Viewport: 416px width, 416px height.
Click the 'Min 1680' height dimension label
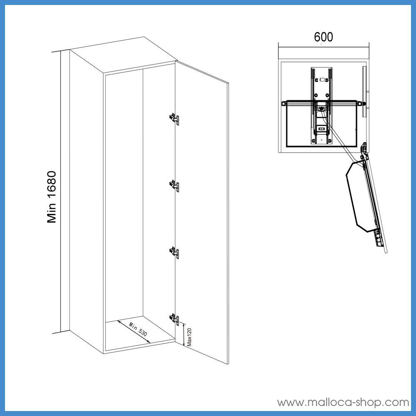pyautogui.click(x=52, y=197)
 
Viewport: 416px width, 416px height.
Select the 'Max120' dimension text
pyautogui.click(x=189, y=337)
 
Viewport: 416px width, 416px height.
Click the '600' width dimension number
pyautogui.click(x=323, y=37)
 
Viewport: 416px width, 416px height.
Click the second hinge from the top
pyautogui.click(x=174, y=186)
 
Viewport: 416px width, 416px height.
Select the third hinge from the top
pyautogui.click(x=174, y=253)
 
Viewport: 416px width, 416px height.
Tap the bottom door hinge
pyautogui.click(x=174, y=319)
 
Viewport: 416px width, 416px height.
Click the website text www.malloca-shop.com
pyautogui.click(x=343, y=402)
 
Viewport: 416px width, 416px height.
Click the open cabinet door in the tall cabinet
pyautogui.click(x=202, y=212)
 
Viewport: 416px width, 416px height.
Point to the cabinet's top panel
pyautogui.click(x=124, y=54)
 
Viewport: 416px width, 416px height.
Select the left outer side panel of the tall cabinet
pyautogui.click(x=87, y=202)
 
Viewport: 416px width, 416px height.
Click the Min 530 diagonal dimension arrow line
pyautogui.click(x=134, y=332)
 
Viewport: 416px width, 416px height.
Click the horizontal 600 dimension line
pyautogui.click(x=324, y=47)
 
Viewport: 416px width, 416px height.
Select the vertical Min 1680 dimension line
pyautogui.click(x=61, y=191)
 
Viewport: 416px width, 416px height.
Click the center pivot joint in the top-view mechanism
pyautogui.click(x=322, y=108)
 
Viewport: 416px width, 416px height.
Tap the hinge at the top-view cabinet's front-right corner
pyautogui.click(x=364, y=148)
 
